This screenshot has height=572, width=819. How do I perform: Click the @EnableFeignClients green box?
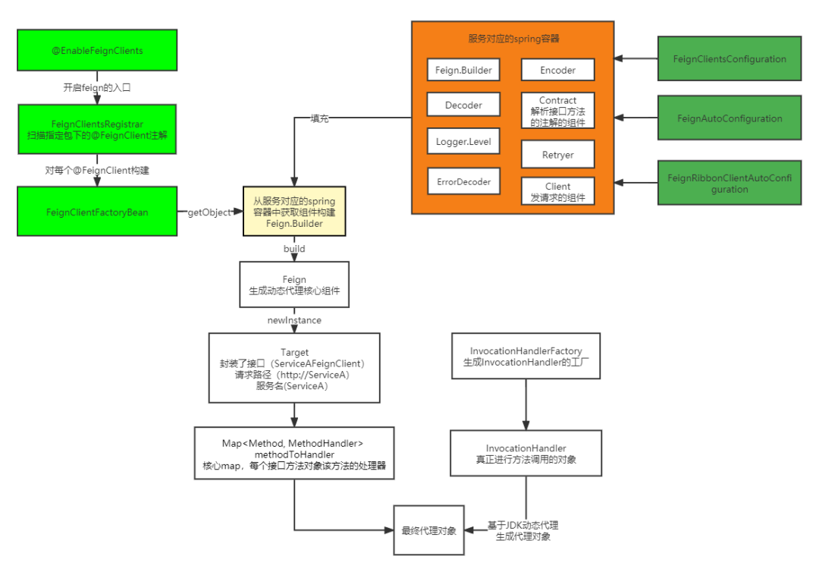tap(97, 51)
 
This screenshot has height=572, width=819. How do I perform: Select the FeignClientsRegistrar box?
tap(97, 129)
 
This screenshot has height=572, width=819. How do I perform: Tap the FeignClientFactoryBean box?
tap(97, 212)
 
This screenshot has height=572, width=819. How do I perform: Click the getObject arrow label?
tap(209, 212)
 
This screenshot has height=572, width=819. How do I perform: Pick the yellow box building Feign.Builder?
tap(294, 212)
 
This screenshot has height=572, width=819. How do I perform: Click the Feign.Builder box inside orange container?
tap(463, 70)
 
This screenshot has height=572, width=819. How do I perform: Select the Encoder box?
tap(557, 70)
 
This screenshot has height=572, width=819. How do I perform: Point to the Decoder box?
tap(463, 105)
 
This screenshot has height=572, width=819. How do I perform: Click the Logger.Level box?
tap(463, 141)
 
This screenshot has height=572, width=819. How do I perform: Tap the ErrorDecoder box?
tap(463, 182)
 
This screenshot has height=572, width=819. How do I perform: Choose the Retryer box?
tap(557, 155)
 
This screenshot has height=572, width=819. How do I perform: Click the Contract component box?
tap(557, 112)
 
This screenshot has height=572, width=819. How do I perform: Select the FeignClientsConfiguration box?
tap(730, 59)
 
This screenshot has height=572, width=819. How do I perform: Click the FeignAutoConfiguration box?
tap(730, 118)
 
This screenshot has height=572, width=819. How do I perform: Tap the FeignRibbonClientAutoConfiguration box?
tap(730, 184)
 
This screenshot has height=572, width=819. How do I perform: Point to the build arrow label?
tap(294, 249)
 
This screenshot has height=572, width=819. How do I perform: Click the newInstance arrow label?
tap(294, 320)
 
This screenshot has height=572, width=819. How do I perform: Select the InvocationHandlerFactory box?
tap(526, 357)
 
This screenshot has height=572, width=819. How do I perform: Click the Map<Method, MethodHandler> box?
tap(294, 454)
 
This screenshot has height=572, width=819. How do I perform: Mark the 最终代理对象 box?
tap(428, 530)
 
